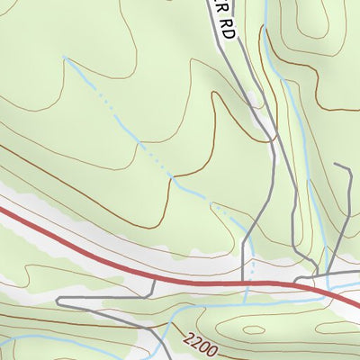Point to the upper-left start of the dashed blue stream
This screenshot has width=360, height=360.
(65, 58)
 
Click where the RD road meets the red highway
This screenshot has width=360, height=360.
(245, 284)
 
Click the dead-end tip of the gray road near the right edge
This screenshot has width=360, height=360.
(336, 166)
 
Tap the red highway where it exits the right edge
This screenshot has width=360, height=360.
(356, 304)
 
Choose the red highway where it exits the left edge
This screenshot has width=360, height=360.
(3, 211)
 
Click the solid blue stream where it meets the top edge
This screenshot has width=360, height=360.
(267, 3)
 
